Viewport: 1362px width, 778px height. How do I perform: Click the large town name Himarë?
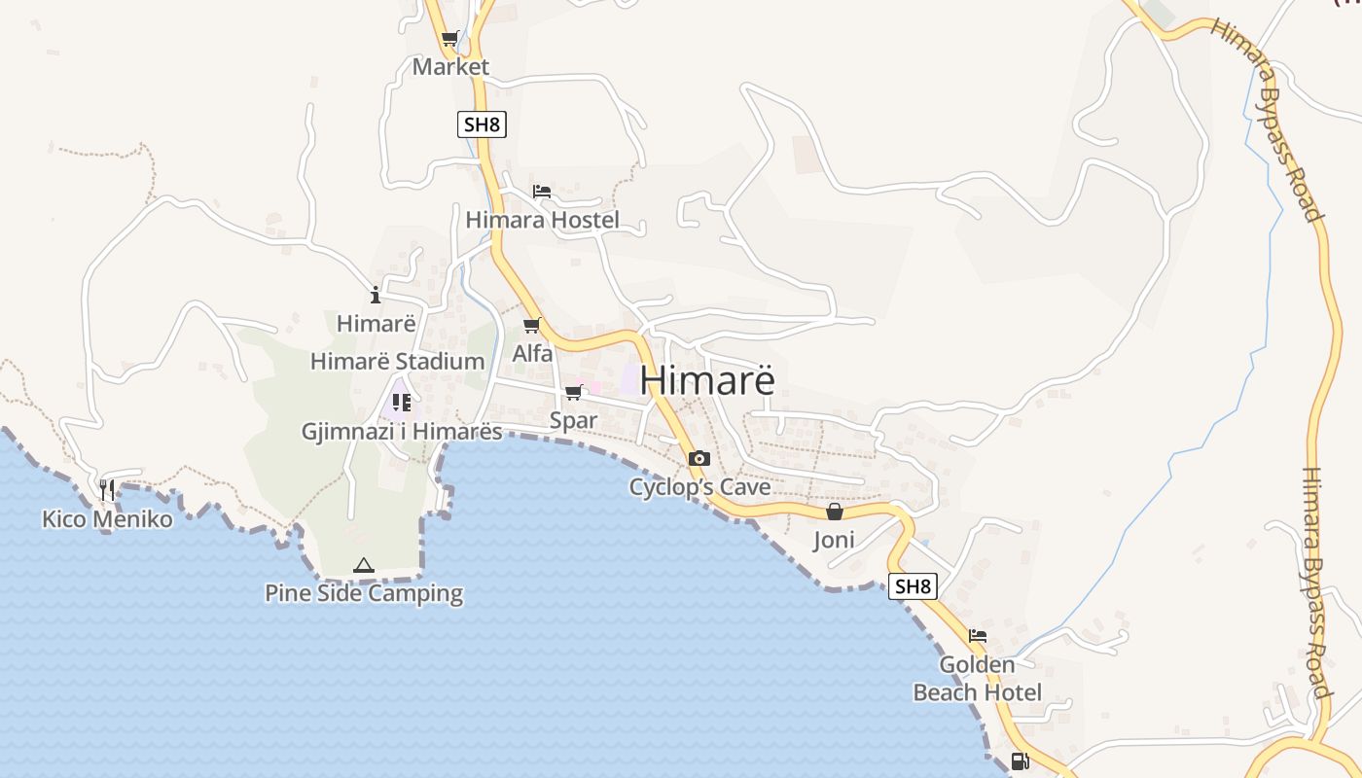coord(708,379)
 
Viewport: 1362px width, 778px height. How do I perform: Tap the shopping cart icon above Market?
coord(449,39)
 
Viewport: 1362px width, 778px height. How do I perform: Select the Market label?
coord(450,67)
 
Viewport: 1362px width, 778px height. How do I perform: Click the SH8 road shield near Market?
coord(483,124)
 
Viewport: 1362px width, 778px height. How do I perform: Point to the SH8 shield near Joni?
coord(913,586)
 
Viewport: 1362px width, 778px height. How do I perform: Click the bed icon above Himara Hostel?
coord(542,192)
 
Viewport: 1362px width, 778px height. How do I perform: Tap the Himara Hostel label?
coord(542,220)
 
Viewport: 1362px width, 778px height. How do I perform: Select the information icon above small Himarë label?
coord(376,295)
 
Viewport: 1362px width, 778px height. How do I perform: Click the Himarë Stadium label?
coord(397,362)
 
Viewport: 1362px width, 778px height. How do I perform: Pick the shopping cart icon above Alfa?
coord(531,325)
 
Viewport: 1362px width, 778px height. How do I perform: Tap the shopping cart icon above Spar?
coord(574,393)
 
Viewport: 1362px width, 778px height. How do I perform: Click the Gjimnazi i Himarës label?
coord(402,432)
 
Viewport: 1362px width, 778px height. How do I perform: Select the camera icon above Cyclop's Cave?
coord(699,458)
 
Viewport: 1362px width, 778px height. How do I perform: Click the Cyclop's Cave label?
coord(699,486)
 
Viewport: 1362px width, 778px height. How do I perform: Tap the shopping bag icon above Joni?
coord(834,512)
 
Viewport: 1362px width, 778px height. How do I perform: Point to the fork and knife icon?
coord(107,490)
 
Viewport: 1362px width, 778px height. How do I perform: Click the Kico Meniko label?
coord(107,519)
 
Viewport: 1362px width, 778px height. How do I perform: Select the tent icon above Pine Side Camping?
coord(363,565)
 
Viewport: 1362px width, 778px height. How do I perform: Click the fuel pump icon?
coord(1020,761)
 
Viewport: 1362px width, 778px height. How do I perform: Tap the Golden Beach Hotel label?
coord(977,679)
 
